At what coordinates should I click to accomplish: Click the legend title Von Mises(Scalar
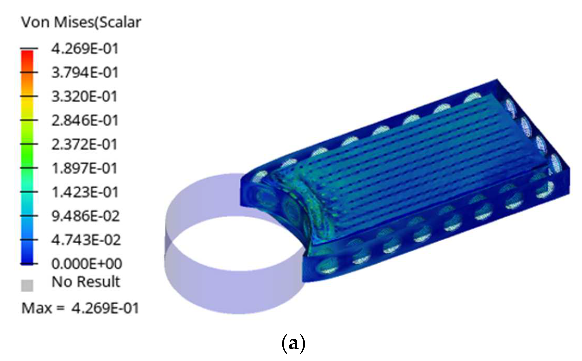(x=81, y=22)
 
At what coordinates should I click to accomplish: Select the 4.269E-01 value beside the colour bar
(x=85, y=49)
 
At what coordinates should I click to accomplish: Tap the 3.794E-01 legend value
(x=85, y=72)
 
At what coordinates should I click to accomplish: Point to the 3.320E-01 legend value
(x=84, y=97)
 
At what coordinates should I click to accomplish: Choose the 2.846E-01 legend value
(x=85, y=121)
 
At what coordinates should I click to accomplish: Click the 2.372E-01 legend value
(x=84, y=144)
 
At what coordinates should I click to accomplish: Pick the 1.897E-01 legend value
(x=84, y=168)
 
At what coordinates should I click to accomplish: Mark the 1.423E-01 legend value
(x=85, y=192)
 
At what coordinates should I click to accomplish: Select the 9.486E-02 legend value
(x=85, y=216)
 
